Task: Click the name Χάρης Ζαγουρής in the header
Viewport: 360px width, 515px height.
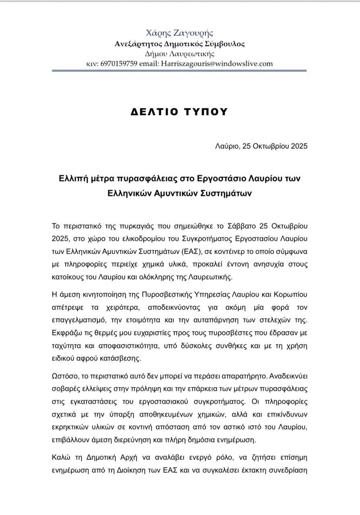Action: [x=180, y=33]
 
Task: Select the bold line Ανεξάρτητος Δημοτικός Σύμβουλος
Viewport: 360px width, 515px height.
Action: [x=180, y=44]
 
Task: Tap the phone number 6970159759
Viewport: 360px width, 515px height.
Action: [x=119, y=64]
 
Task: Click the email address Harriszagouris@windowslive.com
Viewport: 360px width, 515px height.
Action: [x=217, y=64]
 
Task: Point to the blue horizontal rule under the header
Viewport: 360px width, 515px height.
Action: [x=180, y=71]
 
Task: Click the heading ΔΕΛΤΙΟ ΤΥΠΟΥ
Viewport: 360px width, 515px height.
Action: [x=180, y=112]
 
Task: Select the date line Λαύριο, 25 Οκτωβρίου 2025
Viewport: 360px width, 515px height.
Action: [x=261, y=146]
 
